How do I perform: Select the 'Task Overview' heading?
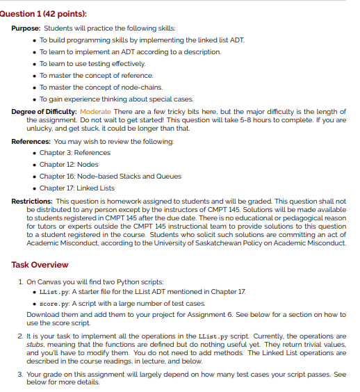pyautogui.click(x=40, y=265)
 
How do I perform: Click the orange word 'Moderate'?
pyautogui.click(x=96, y=111)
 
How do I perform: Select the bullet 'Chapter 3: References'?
pyautogui.click(x=74, y=153)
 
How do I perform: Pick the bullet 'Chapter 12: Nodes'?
pyautogui.click(x=68, y=165)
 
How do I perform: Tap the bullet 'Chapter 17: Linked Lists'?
pyautogui.click(x=78, y=188)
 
